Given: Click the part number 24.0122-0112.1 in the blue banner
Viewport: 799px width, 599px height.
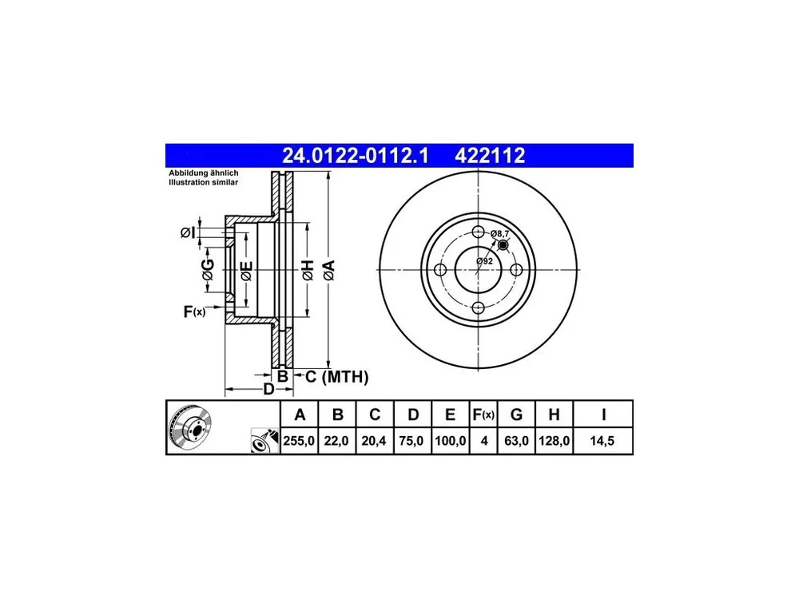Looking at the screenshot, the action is pyautogui.click(x=356, y=156).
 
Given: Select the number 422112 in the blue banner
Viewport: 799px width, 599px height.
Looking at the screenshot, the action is pyautogui.click(x=490, y=156).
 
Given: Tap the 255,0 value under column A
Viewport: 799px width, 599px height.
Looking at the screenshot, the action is pyautogui.click(x=299, y=441).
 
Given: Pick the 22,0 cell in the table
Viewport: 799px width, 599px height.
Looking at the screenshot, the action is pyautogui.click(x=336, y=441).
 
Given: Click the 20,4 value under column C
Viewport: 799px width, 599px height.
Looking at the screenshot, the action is pyautogui.click(x=374, y=441).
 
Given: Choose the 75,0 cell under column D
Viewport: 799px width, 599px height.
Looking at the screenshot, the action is pyautogui.click(x=411, y=441).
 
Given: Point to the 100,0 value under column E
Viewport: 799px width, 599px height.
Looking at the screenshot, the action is pyautogui.click(x=451, y=441).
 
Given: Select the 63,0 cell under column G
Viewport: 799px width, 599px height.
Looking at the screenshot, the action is pyautogui.click(x=516, y=441).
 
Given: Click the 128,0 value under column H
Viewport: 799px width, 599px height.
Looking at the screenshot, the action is pyautogui.click(x=554, y=441).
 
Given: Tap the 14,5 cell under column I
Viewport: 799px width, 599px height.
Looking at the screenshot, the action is pyautogui.click(x=602, y=441).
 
